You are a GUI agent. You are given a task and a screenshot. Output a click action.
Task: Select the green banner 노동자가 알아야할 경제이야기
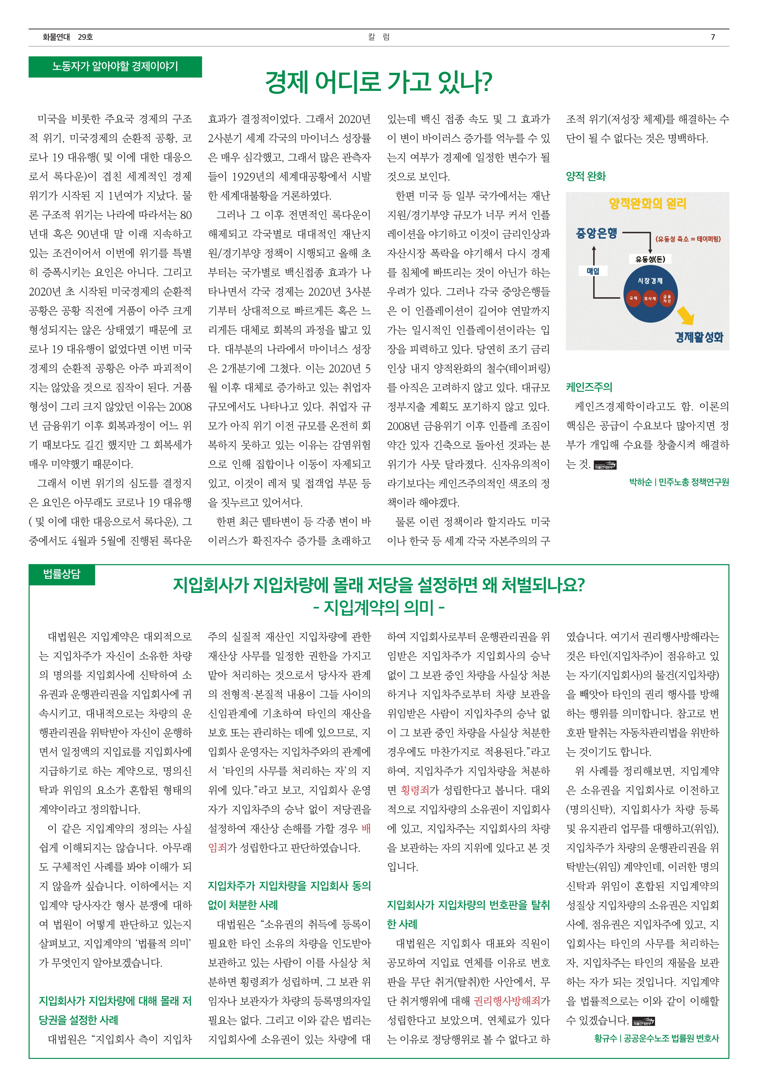pos(115,67)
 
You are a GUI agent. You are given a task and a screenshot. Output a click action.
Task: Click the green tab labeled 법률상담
pos(62,574)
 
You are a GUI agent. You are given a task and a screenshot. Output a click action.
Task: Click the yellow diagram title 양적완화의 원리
pos(647,204)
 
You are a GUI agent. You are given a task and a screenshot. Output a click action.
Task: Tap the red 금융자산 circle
pos(667,298)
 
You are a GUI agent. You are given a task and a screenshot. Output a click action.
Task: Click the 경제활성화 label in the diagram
pos(699,337)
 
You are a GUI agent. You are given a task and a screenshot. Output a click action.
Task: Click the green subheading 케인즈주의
pos(589,387)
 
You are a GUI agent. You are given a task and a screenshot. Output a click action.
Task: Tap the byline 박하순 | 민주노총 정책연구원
pos(679,482)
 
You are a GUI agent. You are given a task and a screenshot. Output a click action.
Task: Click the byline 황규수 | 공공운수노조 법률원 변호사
pos(656,1038)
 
